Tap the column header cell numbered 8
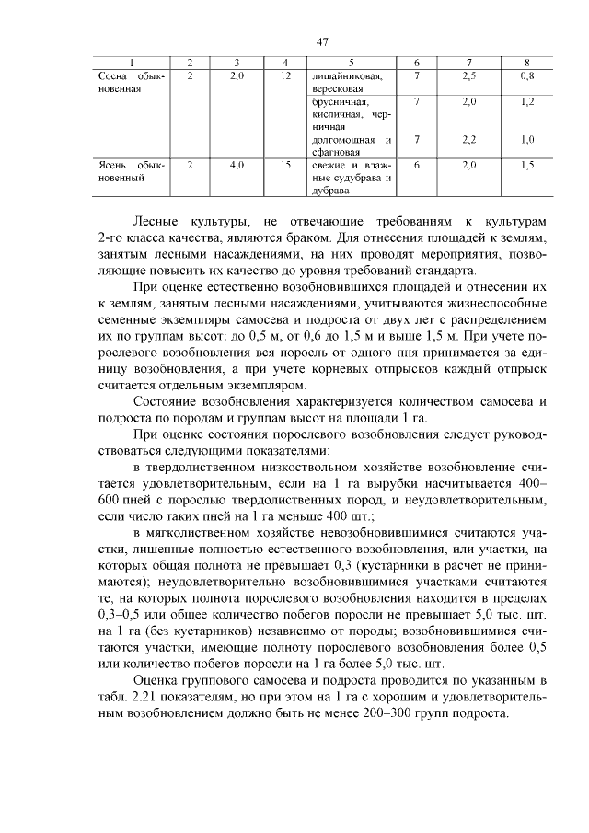525,62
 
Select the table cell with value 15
285,165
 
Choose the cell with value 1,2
525,101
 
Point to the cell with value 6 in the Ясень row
417,165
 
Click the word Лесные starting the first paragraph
158,223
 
